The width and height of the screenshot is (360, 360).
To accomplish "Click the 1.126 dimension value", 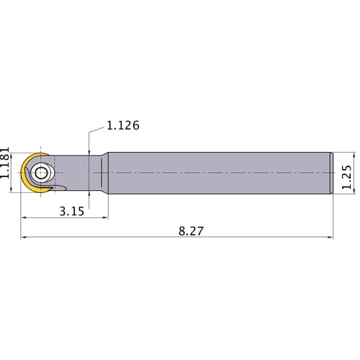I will coord(122,125).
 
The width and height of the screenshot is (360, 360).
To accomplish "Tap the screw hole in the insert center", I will coord(40,173).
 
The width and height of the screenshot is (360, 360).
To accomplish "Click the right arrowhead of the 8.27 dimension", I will coord(332,236).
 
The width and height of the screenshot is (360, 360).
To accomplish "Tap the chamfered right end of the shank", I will coord(332,174).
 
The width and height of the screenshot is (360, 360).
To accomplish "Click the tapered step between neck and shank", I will coord(104,174).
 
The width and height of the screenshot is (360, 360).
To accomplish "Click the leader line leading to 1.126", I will coord(89,140).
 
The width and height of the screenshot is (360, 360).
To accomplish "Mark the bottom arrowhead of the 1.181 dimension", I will coord(17,193).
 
